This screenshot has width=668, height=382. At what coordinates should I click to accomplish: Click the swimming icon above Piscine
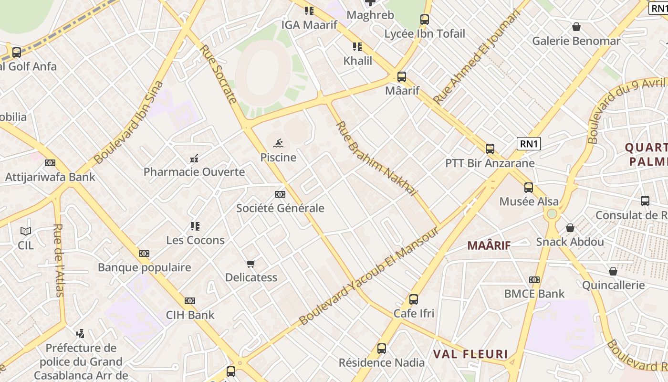pyautogui.click(x=278, y=143)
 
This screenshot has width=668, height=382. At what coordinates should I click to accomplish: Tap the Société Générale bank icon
pyautogui.click(x=280, y=194)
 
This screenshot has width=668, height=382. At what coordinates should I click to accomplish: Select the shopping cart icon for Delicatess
pyautogui.click(x=251, y=264)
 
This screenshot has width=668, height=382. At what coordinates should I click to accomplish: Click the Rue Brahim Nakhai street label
pyautogui.click(x=376, y=159)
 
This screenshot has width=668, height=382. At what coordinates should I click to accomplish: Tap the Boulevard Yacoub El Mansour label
pyautogui.click(x=369, y=276)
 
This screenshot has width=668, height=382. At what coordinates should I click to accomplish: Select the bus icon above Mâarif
pyautogui.click(x=402, y=76)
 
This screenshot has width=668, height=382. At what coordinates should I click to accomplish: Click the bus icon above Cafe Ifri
pyautogui.click(x=414, y=299)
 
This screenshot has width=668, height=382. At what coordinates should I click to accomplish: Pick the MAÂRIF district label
pyautogui.click(x=489, y=245)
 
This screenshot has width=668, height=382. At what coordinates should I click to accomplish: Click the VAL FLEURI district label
pyautogui.click(x=470, y=354)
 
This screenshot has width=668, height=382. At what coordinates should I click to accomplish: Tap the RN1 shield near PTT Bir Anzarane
pyautogui.click(x=529, y=143)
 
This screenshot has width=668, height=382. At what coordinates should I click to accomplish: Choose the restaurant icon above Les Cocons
pyautogui.click(x=195, y=226)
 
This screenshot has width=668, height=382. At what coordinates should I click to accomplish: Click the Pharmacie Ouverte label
pyautogui.click(x=194, y=172)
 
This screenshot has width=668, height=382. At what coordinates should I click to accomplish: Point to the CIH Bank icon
pyautogui.click(x=190, y=301)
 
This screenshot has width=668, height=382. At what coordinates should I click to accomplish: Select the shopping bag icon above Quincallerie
pyautogui.click(x=613, y=271)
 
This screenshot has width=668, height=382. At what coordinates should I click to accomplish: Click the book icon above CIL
pyautogui.click(x=26, y=232)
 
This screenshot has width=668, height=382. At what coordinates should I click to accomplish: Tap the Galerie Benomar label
pyautogui.click(x=576, y=41)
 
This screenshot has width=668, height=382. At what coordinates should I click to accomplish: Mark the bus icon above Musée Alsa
pyautogui.click(x=528, y=188)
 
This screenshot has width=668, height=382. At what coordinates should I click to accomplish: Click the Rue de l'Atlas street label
pyautogui.click(x=59, y=260)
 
